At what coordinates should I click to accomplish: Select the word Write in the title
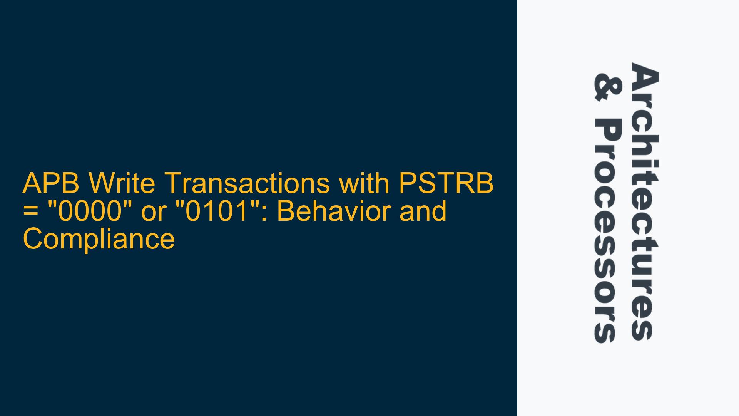coord(121,183)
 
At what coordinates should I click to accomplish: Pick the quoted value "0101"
coord(218,211)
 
